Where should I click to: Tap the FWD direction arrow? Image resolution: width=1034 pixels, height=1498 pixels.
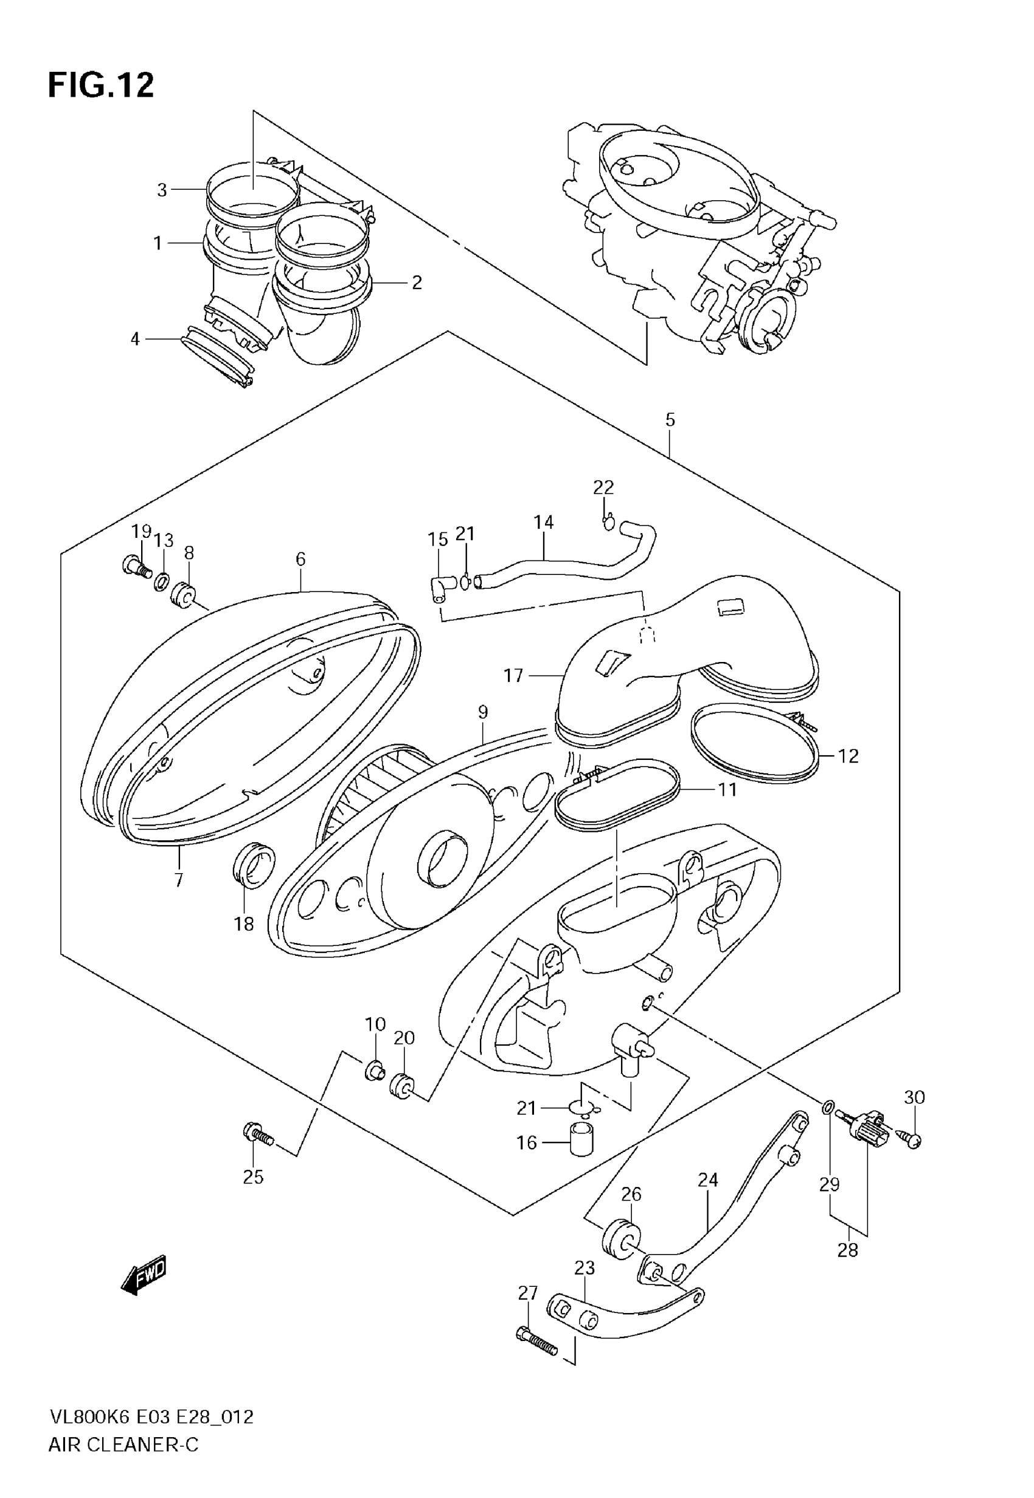tap(144, 1276)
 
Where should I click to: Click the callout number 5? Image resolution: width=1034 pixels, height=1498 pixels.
tap(670, 420)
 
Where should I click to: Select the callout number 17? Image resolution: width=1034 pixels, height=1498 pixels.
tap(513, 676)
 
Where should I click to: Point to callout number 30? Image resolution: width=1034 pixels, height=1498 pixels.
tap(914, 1097)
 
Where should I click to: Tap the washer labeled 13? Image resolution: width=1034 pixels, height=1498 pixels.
tap(161, 582)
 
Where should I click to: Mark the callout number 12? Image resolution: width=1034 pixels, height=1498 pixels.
tap(848, 756)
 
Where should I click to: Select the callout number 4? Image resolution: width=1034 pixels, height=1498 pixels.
tap(135, 339)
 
